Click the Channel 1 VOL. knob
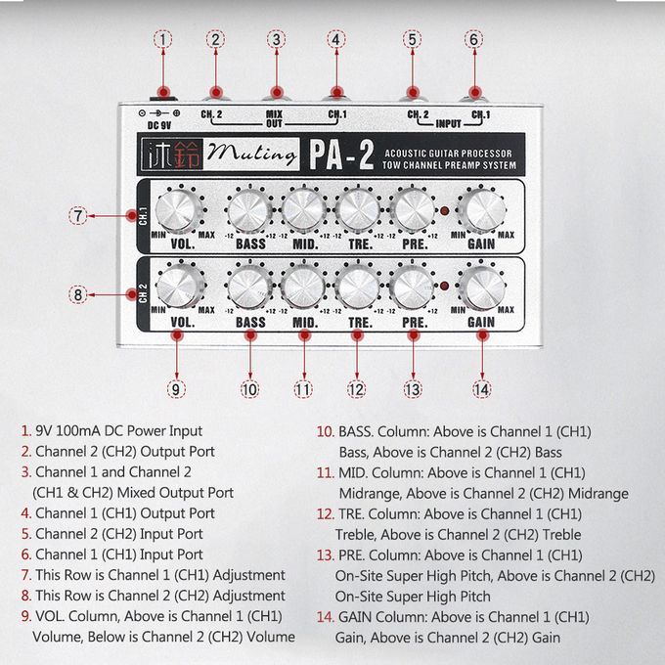click(x=179, y=211)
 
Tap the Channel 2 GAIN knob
click(x=482, y=288)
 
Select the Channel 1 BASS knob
click(x=249, y=211)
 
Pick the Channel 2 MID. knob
click(x=304, y=288)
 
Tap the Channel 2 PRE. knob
click(x=412, y=288)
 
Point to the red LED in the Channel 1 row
click(x=444, y=210)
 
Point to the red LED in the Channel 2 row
click(x=444, y=287)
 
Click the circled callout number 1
click(x=163, y=39)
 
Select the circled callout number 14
click(x=482, y=389)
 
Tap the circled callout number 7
click(x=78, y=215)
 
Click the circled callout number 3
click(x=276, y=39)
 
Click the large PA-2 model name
click(x=341, y=155)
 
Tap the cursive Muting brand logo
click(x=252, y=154)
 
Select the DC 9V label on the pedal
click(x=159, y=125)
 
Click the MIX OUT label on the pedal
click(x=274, y=118)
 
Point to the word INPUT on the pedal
click(x=448, y=124)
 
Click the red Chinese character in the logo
click(x=187, y=155)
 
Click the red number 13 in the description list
click(x=325, y=555)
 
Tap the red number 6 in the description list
click(x=26, y=554)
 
